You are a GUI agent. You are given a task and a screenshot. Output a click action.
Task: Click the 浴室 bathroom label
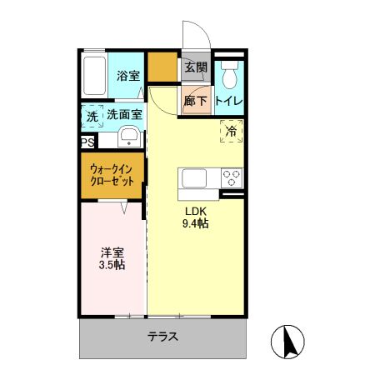click(128, 76)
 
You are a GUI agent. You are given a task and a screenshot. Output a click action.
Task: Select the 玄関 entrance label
click(197, 67)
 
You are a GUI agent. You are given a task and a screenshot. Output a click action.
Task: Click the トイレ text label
click(229, 102)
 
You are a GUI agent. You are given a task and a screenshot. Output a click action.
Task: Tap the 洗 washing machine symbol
click(92, 117)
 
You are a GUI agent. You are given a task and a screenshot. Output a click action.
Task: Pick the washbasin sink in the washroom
click(129, 137)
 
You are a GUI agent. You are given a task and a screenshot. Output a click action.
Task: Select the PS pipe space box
click(87, 142)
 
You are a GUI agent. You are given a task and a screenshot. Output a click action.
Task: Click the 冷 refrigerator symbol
click(231, 131)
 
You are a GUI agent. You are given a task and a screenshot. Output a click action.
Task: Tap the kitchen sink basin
click(193, 177)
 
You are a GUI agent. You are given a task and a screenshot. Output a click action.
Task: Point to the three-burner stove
click(232, 177)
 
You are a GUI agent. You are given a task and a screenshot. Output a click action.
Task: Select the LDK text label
click(196, 210)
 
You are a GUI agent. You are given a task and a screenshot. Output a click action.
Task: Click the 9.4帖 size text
click(196, 223)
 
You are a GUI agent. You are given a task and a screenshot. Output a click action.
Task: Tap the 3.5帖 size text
click(112, 265)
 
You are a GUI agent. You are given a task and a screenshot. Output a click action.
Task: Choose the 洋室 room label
click(112, 251)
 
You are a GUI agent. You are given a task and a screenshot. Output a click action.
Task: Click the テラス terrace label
click(163, 337)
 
